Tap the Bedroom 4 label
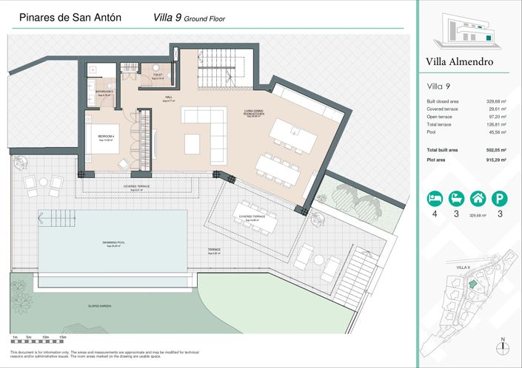[x=104, y=137]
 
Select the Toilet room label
[x=158, y=75]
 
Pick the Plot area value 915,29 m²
[x=495, y=160]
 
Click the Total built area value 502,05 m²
[x=495, y=150]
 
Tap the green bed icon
[x=433, y=198]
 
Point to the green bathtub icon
[x=455, y=198]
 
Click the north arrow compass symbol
[x=503, y=346]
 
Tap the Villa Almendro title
[x=459, y=62]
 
